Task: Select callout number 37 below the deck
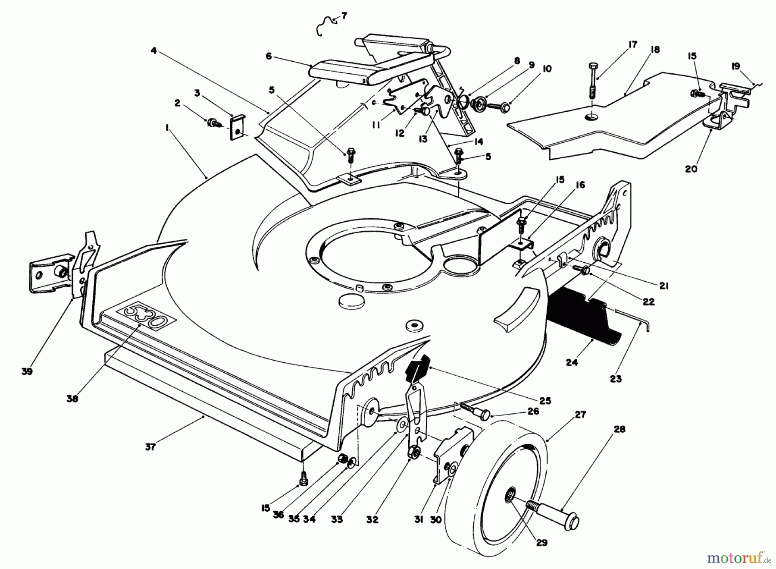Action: pos(150,447)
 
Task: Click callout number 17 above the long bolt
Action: pos(633,45)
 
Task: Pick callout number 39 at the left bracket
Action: pos(27,371)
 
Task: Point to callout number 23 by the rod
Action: pos(616,378)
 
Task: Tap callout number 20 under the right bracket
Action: pos(691,169)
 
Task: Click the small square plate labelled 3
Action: pos(237,127)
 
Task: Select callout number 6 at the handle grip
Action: pos(269,56)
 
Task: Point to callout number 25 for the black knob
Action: pos(545,401)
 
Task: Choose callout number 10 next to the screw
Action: pos(547,69)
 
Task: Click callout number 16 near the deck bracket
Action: pos(580,185)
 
